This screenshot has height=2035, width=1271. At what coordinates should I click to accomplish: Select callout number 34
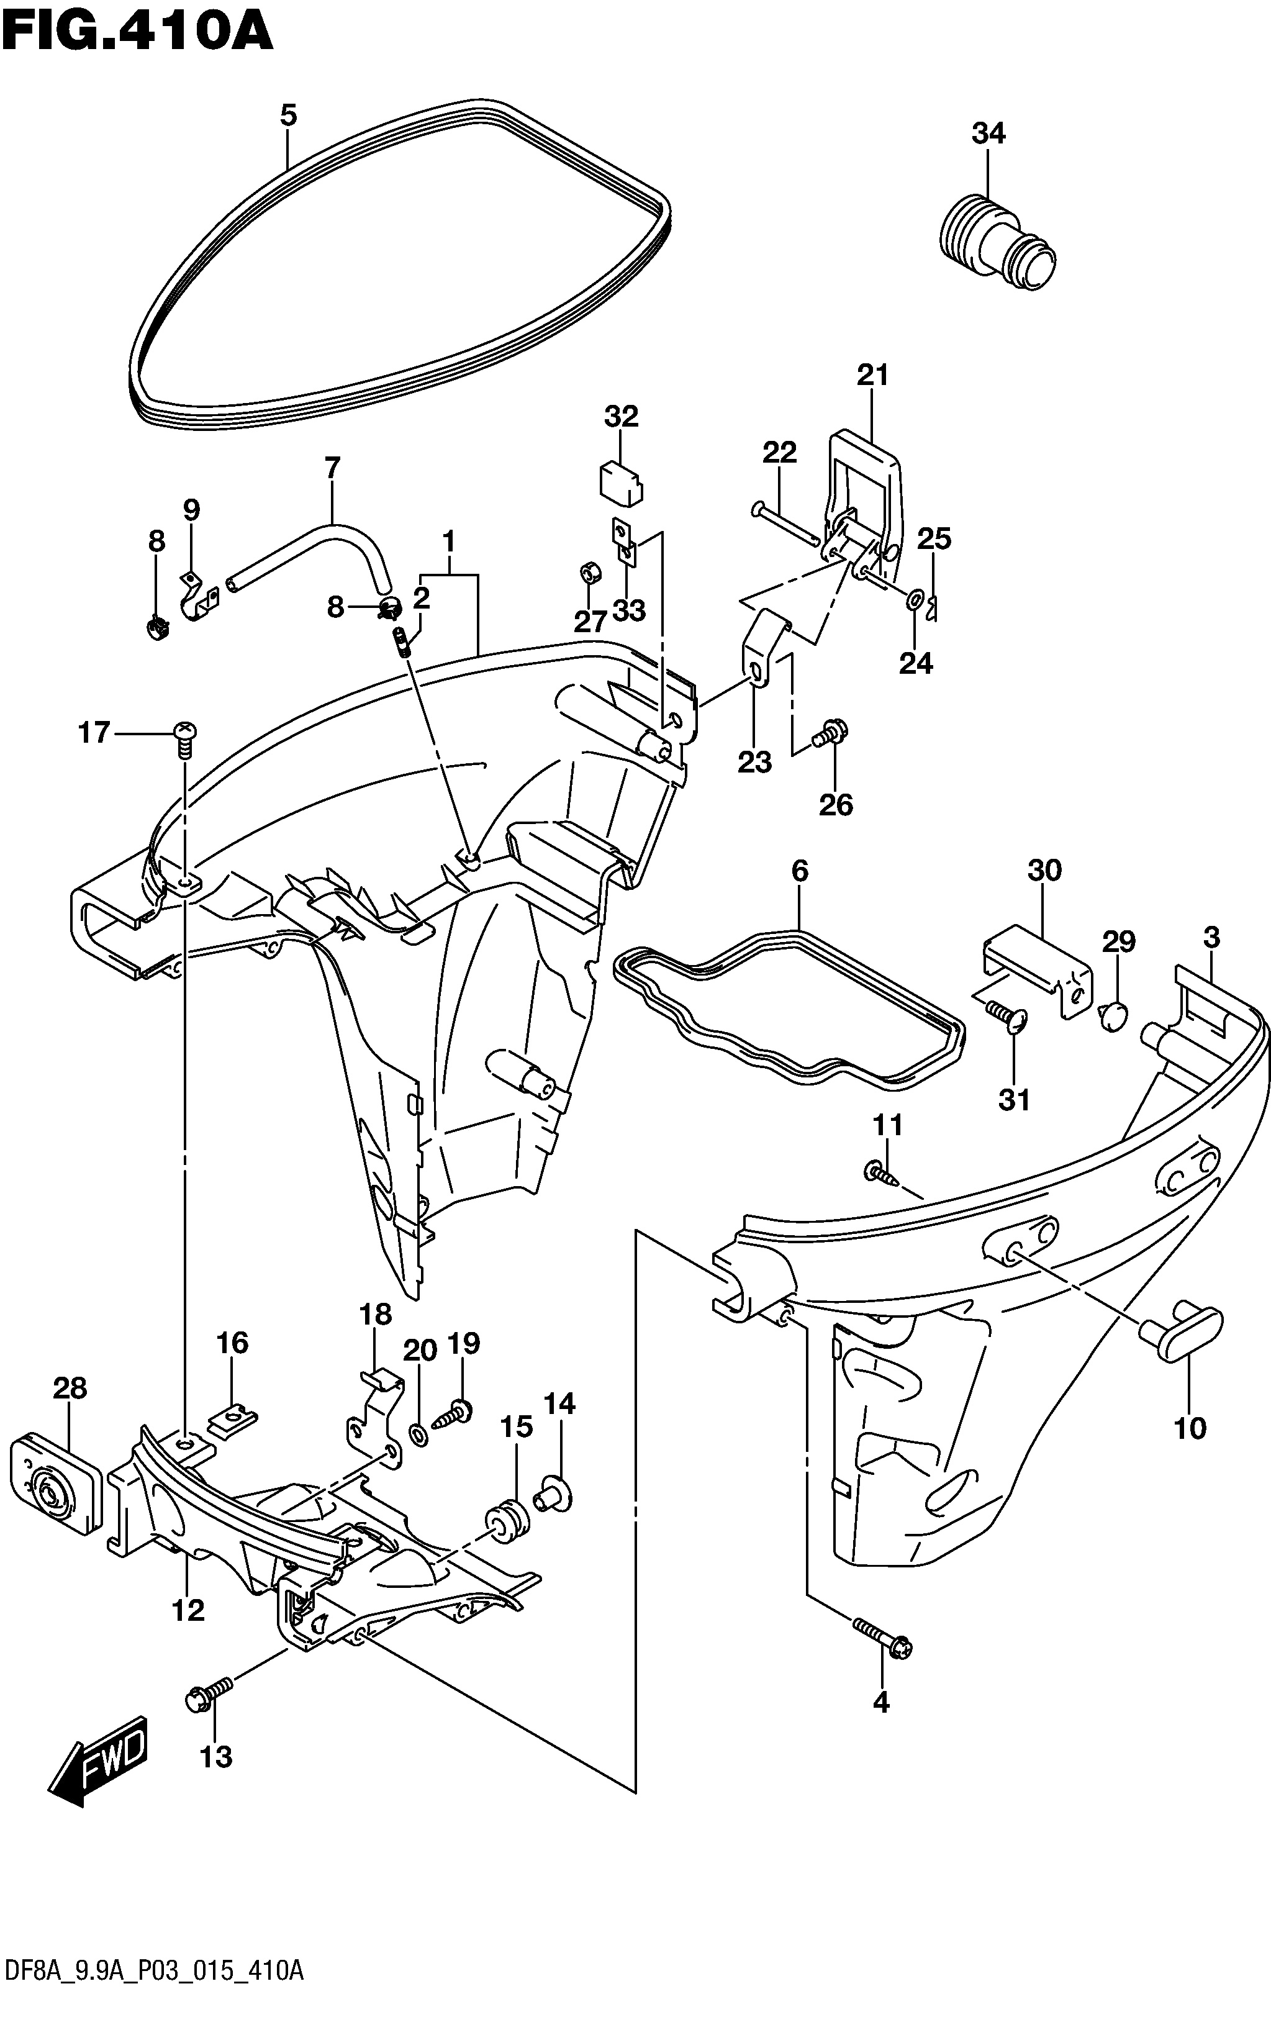pyautogui.click(x=988, y=133)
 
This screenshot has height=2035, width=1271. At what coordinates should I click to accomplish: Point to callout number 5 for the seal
pyautogui.click(x=288, y=114)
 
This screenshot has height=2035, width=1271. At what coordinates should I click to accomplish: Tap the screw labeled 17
pyautogui.click(x=184, y=734)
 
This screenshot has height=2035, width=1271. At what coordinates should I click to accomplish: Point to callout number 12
pyautogui.click(x=188, y=1610)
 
